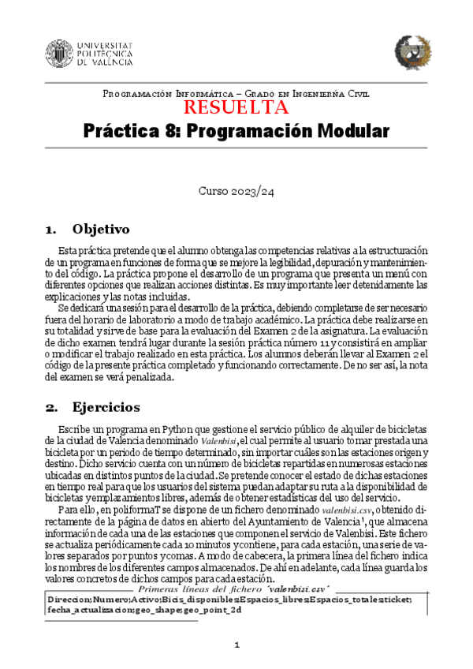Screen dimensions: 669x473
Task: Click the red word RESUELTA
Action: (x=236, y=108)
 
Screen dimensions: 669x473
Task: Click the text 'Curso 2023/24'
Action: (x=236, y=191)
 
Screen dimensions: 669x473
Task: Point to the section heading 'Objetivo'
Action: (x=100, y=230)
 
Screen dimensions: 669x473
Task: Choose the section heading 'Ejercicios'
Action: (x=106, y=408)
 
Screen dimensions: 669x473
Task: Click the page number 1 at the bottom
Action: (x=236, y=645)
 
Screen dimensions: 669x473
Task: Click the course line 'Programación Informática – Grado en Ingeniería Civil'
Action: (x=236, y=94)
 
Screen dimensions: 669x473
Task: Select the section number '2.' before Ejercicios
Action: (x=52, y=408)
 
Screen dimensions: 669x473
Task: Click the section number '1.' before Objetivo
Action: (x=52, y=230)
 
